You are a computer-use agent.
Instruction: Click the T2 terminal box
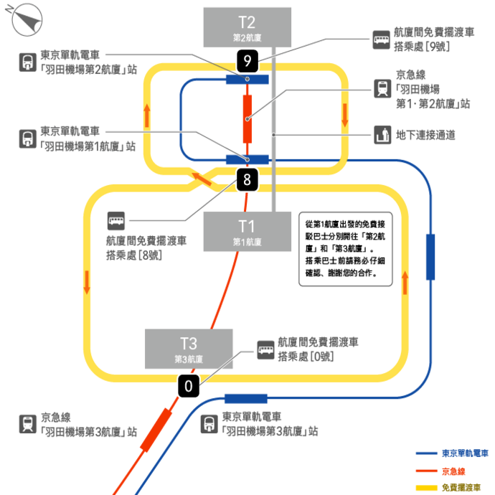[x=247, y=27]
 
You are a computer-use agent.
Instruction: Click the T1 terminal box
[x=247, y=232]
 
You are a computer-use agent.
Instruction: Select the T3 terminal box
[x=189, y=349]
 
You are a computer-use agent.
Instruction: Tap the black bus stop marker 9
[x=247, y=61]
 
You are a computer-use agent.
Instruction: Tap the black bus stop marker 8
[x=247, y=180]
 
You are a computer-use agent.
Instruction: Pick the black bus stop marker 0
[x=189, y=386]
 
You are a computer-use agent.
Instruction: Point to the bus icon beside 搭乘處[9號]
[x=381, y=39]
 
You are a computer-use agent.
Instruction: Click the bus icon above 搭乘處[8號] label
[x=116, y=221]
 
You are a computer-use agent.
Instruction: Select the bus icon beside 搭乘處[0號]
[x=265, y=350]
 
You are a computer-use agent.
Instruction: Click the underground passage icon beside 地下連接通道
[x=382, y=135]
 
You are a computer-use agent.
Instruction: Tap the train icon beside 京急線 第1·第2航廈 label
[x=382, y=88]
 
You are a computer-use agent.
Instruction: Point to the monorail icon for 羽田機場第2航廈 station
[x=28, y=62]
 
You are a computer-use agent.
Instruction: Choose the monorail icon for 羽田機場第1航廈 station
[x=28, y=139]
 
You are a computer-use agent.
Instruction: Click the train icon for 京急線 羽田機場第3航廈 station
[x=28, y=424]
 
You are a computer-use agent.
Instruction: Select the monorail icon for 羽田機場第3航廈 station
[x=209, y=424]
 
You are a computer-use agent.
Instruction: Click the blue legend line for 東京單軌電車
[x=427, y=453]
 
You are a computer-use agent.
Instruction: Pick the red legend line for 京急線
[x=427, y=471]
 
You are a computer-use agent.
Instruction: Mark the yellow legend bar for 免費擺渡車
[x=427, y=488]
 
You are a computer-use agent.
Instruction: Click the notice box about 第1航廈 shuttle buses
[x=346, y=249]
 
